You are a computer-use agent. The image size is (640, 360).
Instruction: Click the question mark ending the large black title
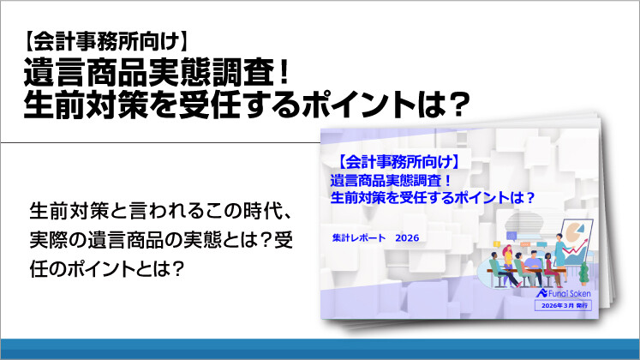(459, 103)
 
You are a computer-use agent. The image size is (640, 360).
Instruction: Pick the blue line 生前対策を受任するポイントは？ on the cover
(432, 195)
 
